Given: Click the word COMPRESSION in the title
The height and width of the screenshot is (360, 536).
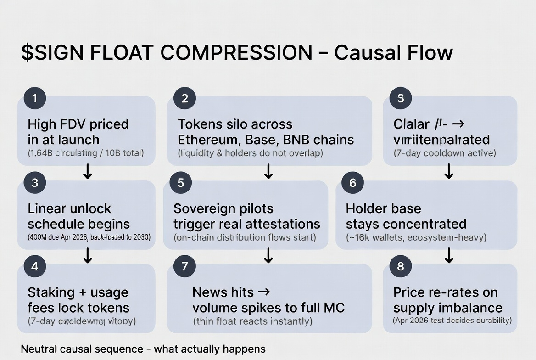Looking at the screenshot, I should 236,53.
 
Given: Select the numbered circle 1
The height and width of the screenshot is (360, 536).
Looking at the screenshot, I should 35,98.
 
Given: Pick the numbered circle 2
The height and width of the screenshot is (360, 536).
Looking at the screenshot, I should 185,98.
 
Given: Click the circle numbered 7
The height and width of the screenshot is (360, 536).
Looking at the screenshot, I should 185,266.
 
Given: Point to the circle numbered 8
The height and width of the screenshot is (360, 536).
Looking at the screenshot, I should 401,266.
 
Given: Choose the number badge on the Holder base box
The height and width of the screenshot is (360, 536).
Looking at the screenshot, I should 352,183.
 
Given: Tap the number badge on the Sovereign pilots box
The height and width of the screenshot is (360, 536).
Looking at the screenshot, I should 181,183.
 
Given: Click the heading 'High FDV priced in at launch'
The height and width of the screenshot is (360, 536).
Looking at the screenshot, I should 78,132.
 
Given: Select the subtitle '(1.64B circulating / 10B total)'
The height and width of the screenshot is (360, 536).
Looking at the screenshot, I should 86,153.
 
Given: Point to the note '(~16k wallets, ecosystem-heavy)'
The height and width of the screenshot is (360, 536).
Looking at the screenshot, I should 416,237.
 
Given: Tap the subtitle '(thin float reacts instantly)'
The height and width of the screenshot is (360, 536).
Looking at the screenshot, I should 252,321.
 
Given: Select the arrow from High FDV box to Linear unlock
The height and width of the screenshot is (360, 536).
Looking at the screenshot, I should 87,172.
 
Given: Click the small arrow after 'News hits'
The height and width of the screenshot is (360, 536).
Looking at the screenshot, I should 264,292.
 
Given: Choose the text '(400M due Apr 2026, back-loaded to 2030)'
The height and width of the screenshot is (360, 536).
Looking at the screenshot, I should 89,237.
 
